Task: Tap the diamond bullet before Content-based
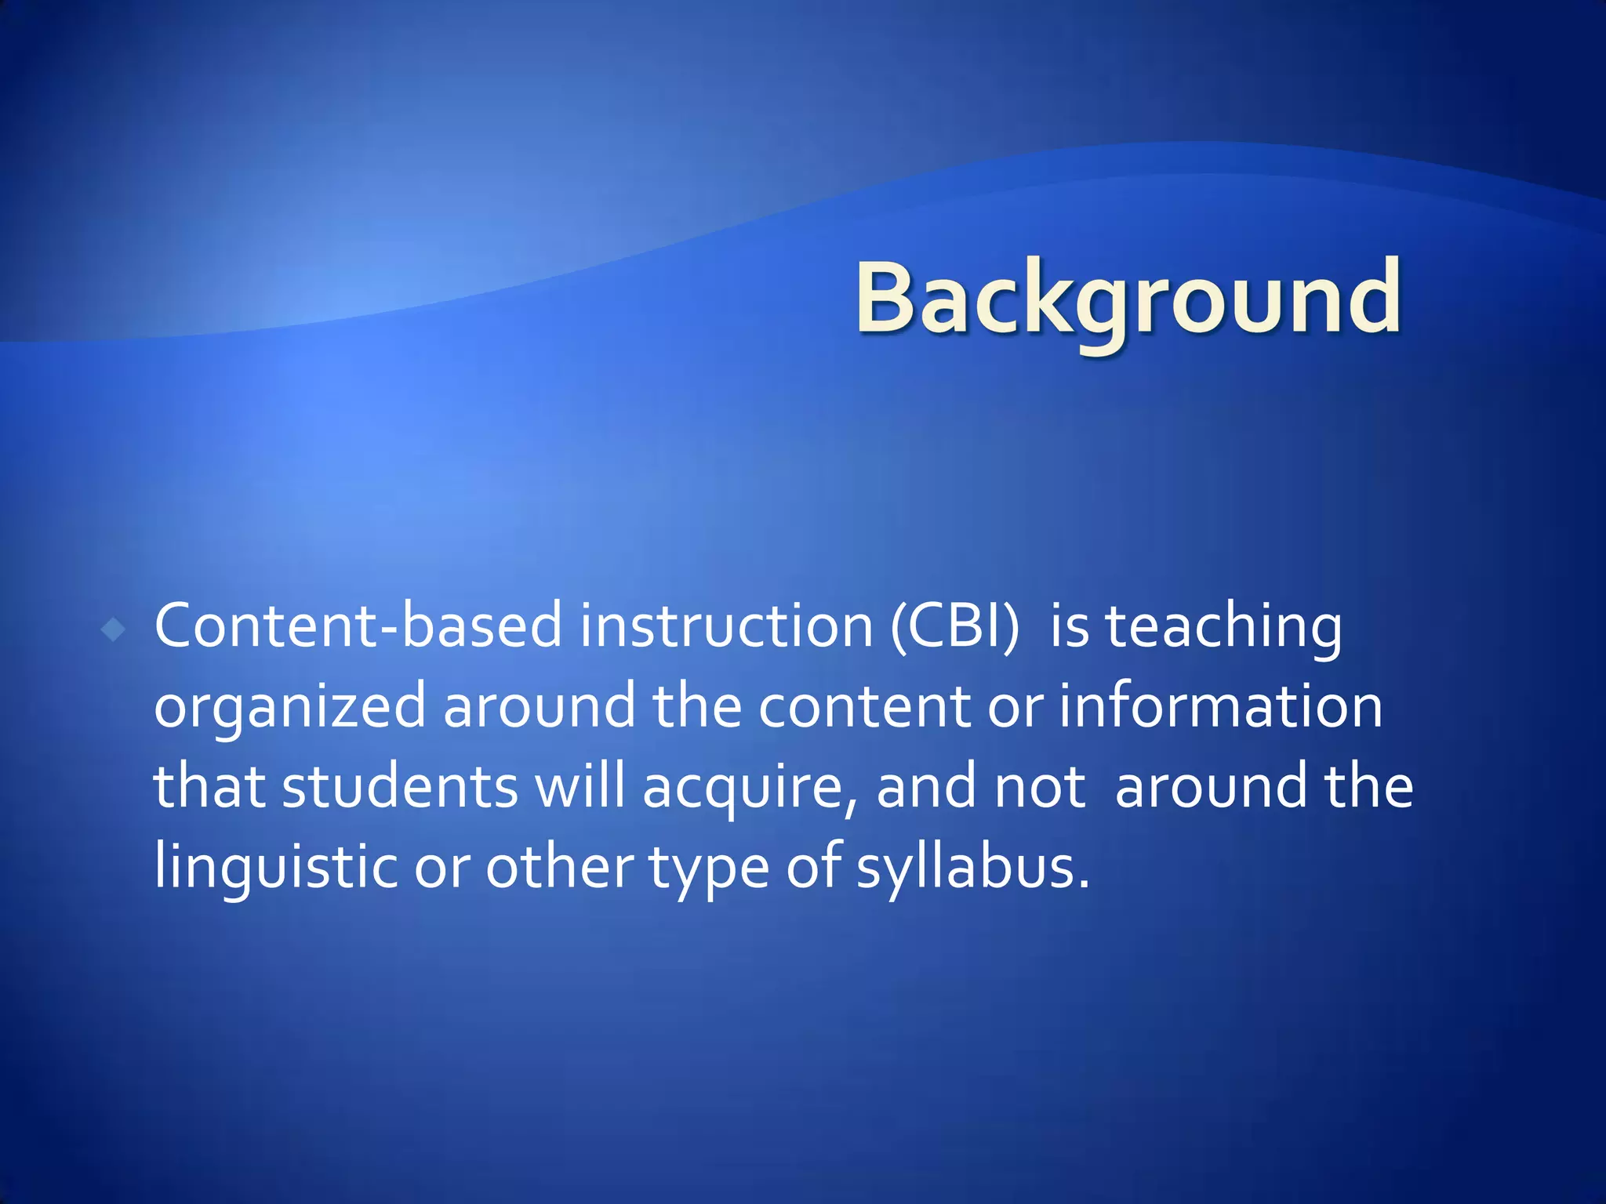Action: point(114,629)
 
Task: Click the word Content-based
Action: point(358,626)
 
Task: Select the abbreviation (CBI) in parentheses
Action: point(955,628)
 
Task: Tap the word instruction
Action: point(726,626)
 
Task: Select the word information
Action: point(1220,706)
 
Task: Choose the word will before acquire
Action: point(580,786)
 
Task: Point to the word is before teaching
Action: point(1069,628)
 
